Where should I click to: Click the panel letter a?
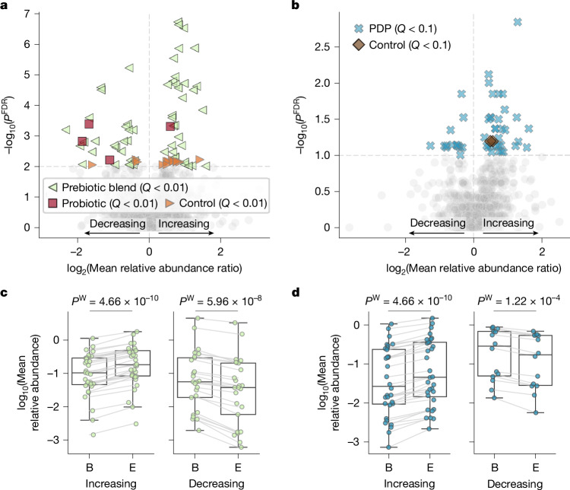pyautogui.click(x=5, y=5)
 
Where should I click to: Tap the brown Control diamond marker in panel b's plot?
pyautogui.click(x=491, y=141)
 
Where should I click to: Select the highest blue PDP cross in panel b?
pyautogui.click(x=518, y=22)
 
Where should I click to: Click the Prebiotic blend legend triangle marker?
pyautogui.click(x=52, y=187)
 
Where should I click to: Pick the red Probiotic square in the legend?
pyautogui.click(x=52, y=203)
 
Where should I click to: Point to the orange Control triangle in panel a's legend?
pyautogui.click(x=169, y=203)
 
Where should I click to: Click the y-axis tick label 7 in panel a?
pyautogui.click(x=27, y=14)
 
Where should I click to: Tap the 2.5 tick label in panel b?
pyautogui.click(x=321, y=47)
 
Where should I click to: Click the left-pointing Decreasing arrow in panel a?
pyautogui.click(x=112, y=233)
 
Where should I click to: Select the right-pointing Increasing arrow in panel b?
pyautogui.click(x=511, y=233)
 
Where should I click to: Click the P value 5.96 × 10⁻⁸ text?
pyautogui.click(x=220, y=301)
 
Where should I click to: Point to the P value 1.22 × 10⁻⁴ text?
pyautogui.click(x=518, y=301)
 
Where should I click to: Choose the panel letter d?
pyautogui.click(x=296, y=292)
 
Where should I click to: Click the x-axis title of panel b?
pyautogui.click(x=473, y=269)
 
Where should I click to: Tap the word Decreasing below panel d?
pyautogui.click(x=515, y=484)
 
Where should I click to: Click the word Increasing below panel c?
pyautogui.click(x=111, y=484)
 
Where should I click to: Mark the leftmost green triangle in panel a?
pyautogui.click(x=66, y=129)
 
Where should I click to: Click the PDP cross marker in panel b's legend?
pyautogui.click(x=359, y=28)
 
